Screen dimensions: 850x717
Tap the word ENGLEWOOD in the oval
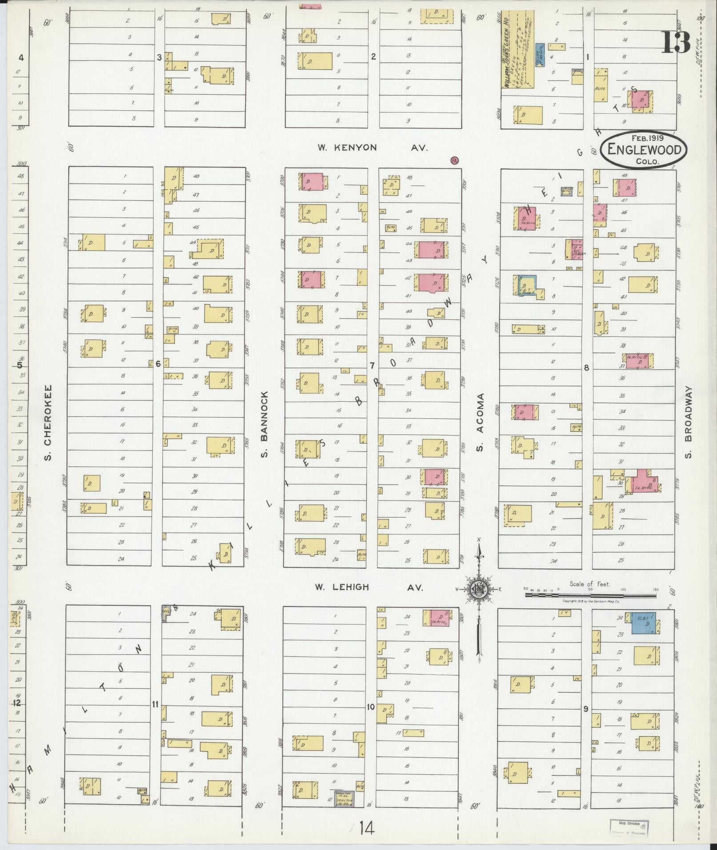click(x=644, y=150)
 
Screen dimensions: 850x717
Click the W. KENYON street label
click(x=347, y=148)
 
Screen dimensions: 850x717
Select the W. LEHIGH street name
click(x=342, y=587)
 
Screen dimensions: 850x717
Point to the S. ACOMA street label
click(x=480, y=422)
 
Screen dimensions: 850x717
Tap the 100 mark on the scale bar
click(x=623, y=589)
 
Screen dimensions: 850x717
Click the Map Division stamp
click(x=629, y=826)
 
